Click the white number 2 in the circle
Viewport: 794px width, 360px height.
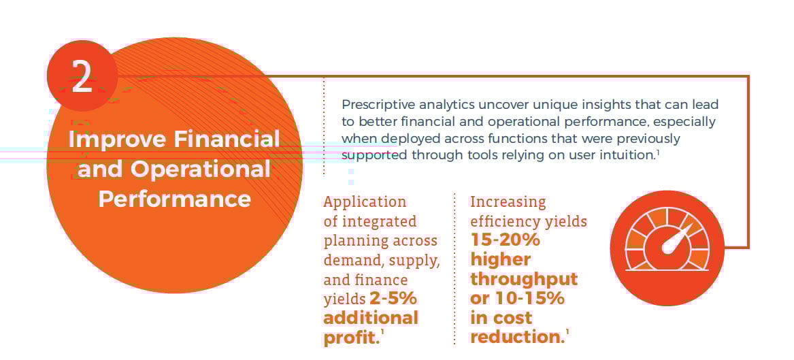(82, 77)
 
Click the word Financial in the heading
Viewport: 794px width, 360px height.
(227, 139)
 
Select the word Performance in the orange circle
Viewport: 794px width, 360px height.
(174, 199)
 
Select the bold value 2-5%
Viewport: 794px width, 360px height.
(393, 299)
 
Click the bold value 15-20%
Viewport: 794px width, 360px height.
(505, 240)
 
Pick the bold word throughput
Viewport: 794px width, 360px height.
(523, 279)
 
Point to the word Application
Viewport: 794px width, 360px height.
(365, 202)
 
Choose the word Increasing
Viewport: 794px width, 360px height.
(508, 202)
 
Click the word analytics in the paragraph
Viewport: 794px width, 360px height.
(448, 105)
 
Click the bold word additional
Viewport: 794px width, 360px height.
(370, 318)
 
